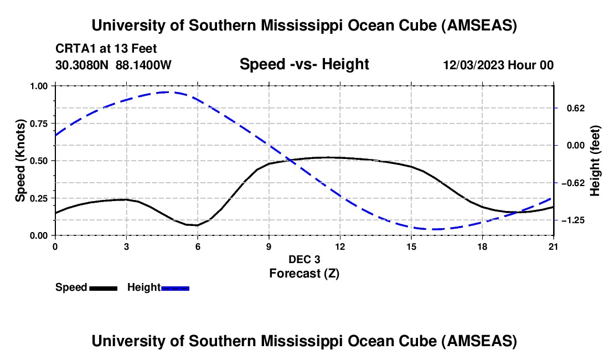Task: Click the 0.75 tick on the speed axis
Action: click(x=40, y=123)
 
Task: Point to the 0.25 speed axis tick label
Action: click(x=40, y=198)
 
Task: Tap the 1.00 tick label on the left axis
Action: click(x=40, y=86)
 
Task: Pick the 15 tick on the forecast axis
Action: click(x=411, y=246)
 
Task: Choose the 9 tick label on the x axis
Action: click(x=269, y=246)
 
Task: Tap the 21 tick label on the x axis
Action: click(x=554, y=246)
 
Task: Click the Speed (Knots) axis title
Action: click(x=20, y=161)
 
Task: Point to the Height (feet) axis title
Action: click(x=595, y=161)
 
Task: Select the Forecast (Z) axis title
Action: click(x=304, y=273)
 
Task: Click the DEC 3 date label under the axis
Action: click(x=304, y=259)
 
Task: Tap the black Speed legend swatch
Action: click(x=103, y=287)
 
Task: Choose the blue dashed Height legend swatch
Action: click(x=175, y=287)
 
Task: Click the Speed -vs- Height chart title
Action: click(x=304, y=64)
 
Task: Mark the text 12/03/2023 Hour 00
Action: click(x=498, y=65)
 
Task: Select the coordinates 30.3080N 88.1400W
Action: click(x=113, y=65)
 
